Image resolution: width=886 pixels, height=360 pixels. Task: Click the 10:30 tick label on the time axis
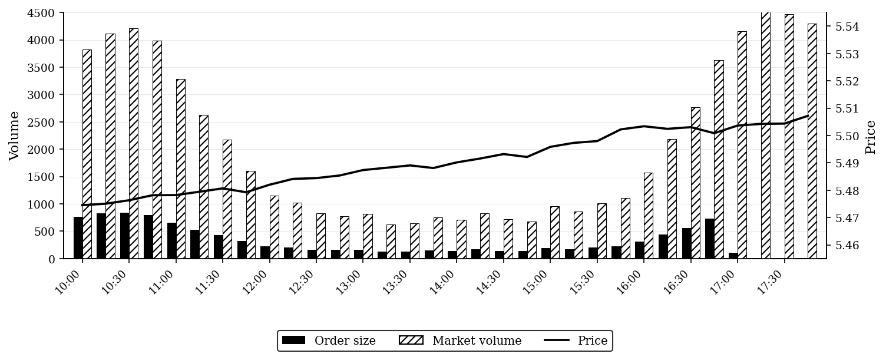pos(115,282)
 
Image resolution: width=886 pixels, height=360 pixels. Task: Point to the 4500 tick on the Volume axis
pos(41,13)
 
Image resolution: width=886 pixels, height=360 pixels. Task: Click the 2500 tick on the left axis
pos(41,122)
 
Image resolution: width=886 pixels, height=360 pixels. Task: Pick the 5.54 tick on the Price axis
pos(847,27)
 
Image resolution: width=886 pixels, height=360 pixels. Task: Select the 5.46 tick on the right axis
pos(847,245)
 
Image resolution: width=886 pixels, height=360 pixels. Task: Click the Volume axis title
pos(14,136)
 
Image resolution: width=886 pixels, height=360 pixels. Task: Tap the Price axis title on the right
pos(871,137)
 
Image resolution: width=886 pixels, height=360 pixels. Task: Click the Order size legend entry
pos(329,341)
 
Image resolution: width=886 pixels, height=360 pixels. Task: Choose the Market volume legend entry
pos(461,341)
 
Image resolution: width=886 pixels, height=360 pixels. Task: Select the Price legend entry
pos(576,341)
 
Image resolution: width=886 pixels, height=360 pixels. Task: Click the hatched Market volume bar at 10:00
pos(87,154)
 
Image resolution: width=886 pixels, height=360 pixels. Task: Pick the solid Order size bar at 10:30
pos(125,236)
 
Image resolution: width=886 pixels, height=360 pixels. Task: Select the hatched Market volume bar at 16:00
pos(648,216)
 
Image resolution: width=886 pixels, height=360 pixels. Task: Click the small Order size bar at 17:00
pos(733,256)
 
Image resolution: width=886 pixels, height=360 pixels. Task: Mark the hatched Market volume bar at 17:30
pos(789,137)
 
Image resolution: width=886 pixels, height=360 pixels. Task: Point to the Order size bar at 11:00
pos(171,241)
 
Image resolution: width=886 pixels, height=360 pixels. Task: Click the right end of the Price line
pos(808,116)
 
